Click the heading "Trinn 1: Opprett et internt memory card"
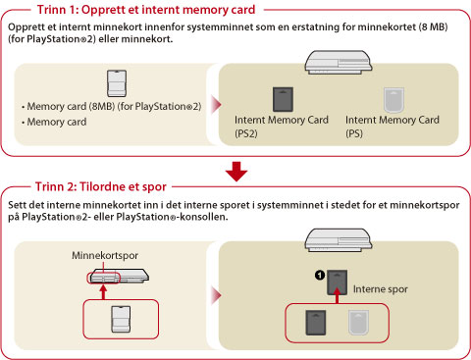[146, 10]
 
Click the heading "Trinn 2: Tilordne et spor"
[101, 186]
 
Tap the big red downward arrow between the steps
[236, 172]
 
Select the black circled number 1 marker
[320, 276]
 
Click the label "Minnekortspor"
[105, 255]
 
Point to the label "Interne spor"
[381, 289]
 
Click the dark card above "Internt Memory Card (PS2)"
[283, 99]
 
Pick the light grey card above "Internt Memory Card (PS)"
[393, 100]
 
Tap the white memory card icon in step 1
[117, 83]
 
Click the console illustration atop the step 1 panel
[339, 62]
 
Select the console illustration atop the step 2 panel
[339, 240]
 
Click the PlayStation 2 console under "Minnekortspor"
[119, 276]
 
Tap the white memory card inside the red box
[121, 319]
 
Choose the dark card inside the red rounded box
[316, 323]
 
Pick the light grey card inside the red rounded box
[358, 323]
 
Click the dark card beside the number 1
[338, 283]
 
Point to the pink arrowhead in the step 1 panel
[216, 105]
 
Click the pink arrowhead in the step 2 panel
[216, 295]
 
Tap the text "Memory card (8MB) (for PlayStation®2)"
[114, 106]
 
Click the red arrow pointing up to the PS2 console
[103, 292]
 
